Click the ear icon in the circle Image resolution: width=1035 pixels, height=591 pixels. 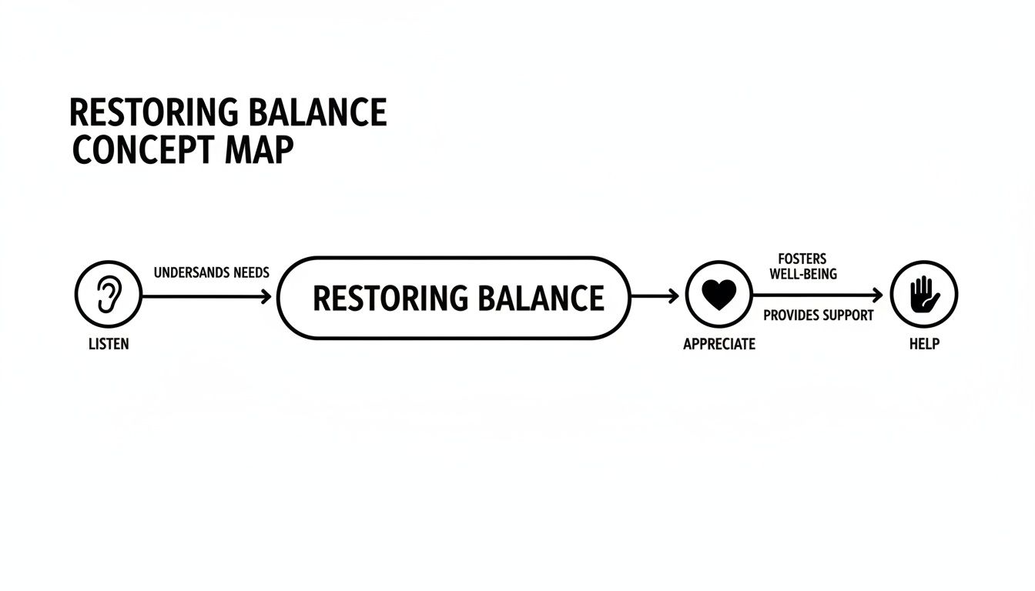pos(109,295)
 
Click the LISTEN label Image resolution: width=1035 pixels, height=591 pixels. pos(109,344)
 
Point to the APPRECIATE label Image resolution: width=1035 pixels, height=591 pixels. pos(719,344)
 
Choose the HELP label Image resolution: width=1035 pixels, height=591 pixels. pos(924,344)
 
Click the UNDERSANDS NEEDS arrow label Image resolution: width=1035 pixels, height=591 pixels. pos(212,273)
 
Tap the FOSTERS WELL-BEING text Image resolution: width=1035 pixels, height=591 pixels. pos(803,266)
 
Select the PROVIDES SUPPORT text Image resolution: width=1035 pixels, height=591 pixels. pos(819,316)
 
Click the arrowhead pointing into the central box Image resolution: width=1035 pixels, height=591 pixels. pos(266,295)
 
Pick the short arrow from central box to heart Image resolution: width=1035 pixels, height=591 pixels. pos(655,295)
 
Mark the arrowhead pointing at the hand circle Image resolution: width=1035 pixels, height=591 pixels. pos(878,295)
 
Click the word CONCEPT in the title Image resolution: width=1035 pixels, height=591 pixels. pos(136,151)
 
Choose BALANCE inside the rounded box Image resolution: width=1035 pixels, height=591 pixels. pos(541,298)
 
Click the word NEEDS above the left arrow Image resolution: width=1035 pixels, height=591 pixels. pos(245,273)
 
